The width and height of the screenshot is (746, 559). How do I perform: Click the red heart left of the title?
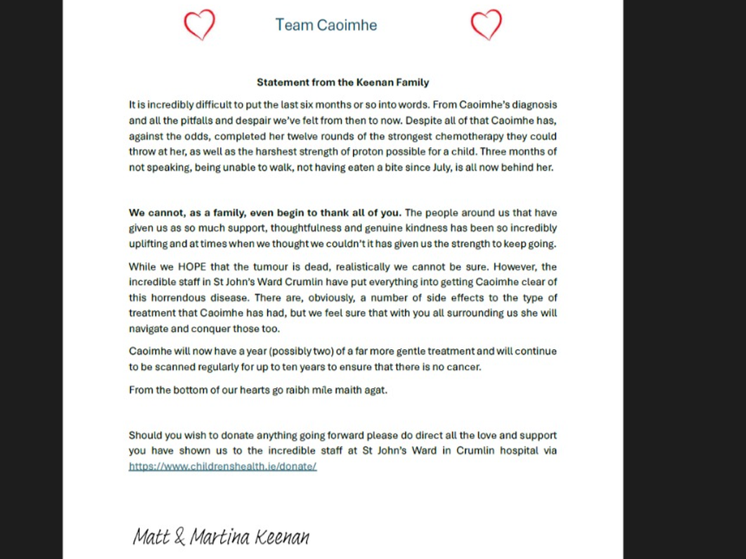pyautogui.click(x=200, y=25)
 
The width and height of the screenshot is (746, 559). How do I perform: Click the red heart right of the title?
pyautogui.click(x=486, y=25)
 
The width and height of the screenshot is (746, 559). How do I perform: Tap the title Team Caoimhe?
pyautogui.click(x=326, y=25)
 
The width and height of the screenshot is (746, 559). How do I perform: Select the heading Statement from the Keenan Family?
pyautogui.click(x=343, y=82)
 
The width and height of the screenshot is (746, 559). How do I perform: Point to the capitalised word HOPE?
pyautogui.click(x=191, y=267)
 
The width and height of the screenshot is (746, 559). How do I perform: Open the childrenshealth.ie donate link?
pyautogui.click(x=223, y=466)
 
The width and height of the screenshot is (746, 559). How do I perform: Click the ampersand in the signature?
pyautogui.click(x=179, y=537)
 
